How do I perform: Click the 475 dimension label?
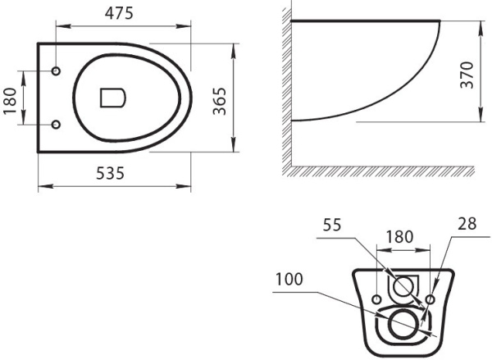(119, 13)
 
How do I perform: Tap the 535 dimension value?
(110, 173)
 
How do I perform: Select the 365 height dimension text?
(219, 101)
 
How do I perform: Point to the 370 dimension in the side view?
(467, 75)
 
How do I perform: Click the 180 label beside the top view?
(10, 101)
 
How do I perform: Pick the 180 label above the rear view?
(399, 237)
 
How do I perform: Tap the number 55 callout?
(332, 225)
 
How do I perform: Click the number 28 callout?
(467, 224)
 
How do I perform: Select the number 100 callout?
(289, 279)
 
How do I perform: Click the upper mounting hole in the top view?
(56, 71)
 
